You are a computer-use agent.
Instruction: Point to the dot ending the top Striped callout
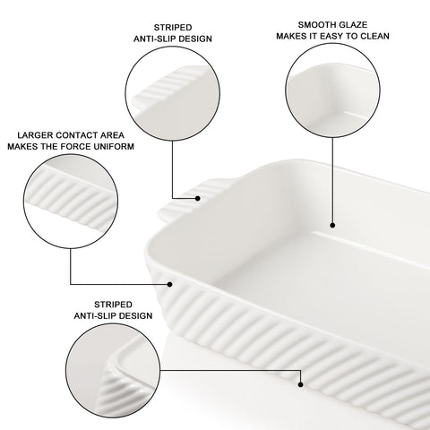[x=200, y=194]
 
